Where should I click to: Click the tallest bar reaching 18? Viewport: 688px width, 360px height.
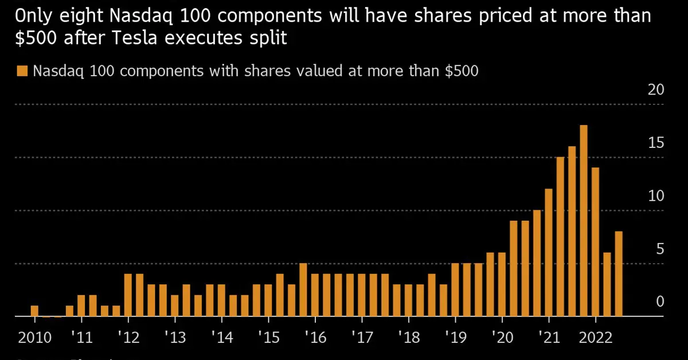pos(584,221)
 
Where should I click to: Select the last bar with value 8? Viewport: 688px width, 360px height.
pos(619,274)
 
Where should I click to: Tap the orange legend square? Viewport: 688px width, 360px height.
pos(22,71)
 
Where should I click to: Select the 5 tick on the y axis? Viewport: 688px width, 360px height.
pos(659,249)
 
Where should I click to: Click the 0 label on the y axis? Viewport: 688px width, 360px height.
pos(659,302)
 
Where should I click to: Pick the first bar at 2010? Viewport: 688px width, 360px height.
pos(34,311)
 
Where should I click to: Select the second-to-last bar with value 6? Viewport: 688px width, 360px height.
pos(607,284)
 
